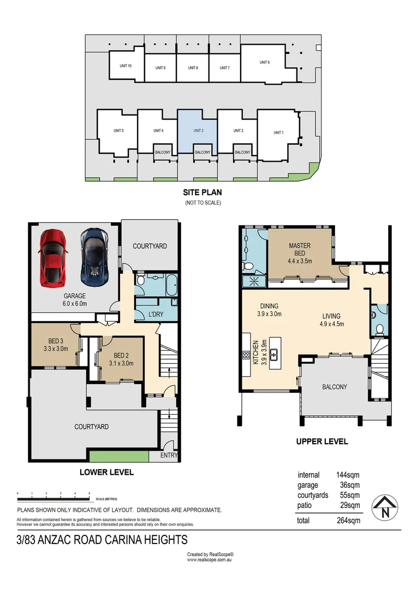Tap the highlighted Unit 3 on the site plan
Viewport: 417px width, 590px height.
[x=198, y=132]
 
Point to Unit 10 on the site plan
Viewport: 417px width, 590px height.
[x=126, y=66]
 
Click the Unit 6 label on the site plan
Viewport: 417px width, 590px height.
[x=265, y=62]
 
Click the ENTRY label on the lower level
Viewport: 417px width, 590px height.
[x=169, y=456]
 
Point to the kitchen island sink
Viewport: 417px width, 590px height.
[x=274, y=355]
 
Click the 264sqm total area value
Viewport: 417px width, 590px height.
[x=348, y=520]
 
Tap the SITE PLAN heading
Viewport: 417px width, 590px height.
[x=202, y=192]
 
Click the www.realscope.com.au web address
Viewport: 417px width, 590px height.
[x=210, y=559]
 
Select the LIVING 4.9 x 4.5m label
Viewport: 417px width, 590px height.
[x=331, y=319]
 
